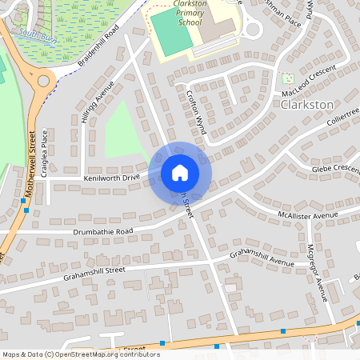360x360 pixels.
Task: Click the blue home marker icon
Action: pos(180,173)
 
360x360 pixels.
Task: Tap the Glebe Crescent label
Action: pos(336,169)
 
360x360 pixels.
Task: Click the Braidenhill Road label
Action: pos(99,46)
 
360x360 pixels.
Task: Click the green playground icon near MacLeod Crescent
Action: pos(288,78)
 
